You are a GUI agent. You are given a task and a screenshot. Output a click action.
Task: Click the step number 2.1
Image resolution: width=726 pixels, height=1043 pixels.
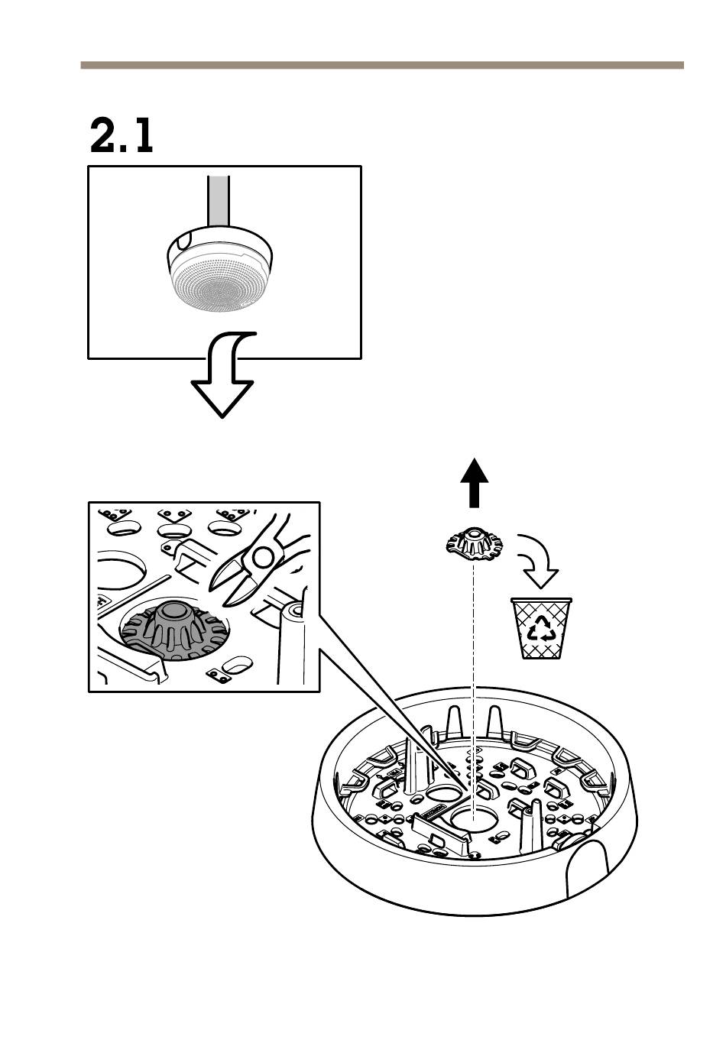(121, 135)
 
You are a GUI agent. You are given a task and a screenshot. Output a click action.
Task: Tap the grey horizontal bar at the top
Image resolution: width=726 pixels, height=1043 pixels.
(382, 65)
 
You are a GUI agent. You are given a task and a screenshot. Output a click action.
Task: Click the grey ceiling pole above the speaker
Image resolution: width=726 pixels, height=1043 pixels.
(218, 201)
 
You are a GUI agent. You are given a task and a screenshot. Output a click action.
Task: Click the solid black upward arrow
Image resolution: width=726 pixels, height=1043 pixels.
(474, 483)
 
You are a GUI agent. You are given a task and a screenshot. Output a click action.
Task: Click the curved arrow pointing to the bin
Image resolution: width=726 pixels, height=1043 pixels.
(537, 561)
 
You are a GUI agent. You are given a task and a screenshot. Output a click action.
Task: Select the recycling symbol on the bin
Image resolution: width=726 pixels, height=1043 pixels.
(541, 629)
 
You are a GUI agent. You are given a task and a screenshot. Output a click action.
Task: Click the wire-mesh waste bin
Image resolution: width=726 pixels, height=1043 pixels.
(541, 628)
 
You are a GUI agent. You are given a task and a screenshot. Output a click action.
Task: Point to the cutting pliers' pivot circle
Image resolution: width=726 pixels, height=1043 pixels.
(262, 556)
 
